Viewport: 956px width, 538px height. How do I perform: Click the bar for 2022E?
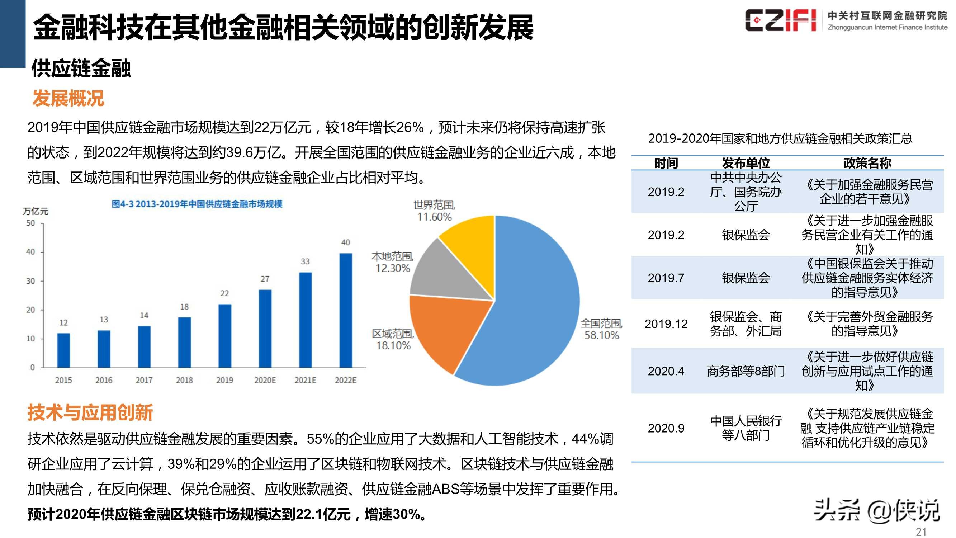(346, 310)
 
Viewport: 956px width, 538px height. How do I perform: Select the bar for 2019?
(224, 336)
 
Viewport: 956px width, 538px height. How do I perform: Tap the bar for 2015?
(63, 350)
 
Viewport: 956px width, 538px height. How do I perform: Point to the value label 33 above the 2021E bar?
(305, 261)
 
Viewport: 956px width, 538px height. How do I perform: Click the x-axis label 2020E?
(265, 380)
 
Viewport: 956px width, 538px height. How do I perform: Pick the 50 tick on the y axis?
(30, 223)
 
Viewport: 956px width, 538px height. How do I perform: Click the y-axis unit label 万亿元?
(36, 211)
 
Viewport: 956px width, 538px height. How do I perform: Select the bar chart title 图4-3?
(197, 204)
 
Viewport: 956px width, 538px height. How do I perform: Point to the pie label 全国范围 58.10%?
(601, 329)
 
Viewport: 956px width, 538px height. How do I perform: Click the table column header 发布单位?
(746, 163)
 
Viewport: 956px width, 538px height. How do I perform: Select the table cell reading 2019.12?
(666, 324)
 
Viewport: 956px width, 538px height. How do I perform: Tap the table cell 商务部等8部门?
(746, 371)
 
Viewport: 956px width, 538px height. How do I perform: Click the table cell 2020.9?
(666, 428)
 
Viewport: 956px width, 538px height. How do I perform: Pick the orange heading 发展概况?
(68, 98)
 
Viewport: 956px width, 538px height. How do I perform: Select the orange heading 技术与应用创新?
(90, 412)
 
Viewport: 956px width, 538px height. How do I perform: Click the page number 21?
(921, 532)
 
